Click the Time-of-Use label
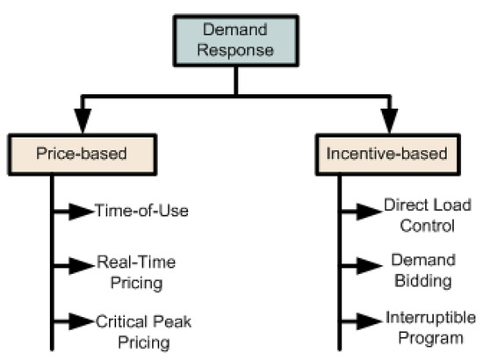[130, 211]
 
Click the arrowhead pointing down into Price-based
[54, 120]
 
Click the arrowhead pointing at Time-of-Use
[86, 211]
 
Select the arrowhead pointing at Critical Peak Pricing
[86, 320]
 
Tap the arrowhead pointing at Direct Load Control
[374, 212]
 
